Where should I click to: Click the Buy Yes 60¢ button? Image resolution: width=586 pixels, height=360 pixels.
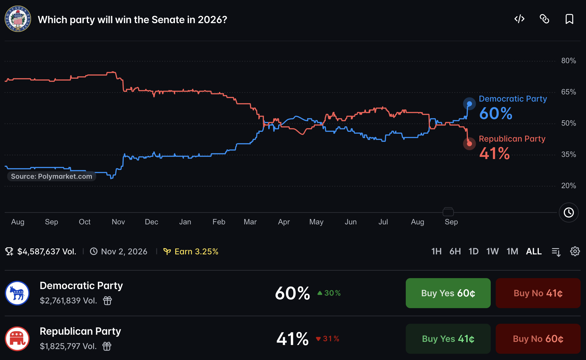(448, 293)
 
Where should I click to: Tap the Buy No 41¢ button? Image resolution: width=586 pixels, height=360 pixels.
(538, 293)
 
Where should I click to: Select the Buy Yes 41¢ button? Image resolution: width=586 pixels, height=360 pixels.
(448, 339)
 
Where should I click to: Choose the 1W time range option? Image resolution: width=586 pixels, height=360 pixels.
(492, 252)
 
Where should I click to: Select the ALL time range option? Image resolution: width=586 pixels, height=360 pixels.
(534, 252)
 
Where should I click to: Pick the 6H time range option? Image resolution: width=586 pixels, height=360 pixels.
(455, 252)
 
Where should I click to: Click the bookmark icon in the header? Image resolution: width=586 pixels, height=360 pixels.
(569, 19)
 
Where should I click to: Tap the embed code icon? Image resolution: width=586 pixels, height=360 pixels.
(519, 19)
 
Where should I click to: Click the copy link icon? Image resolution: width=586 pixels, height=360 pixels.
(544, 19)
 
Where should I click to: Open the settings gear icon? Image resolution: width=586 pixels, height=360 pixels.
(575, 251)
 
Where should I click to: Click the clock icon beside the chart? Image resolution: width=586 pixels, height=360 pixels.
(569, 212)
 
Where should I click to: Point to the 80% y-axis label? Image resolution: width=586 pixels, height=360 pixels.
(569, 61)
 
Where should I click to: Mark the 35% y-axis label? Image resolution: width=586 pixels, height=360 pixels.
(569, 154)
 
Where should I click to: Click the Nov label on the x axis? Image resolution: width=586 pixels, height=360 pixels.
(118, 222)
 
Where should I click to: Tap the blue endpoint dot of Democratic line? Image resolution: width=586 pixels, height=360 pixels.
(469, 104)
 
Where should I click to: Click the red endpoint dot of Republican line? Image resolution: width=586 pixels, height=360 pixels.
(469, 144)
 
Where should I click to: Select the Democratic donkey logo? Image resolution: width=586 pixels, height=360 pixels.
(17, 293)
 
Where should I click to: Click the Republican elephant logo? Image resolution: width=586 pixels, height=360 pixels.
(17, 339)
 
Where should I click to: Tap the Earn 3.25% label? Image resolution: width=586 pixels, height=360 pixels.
(196, 252)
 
